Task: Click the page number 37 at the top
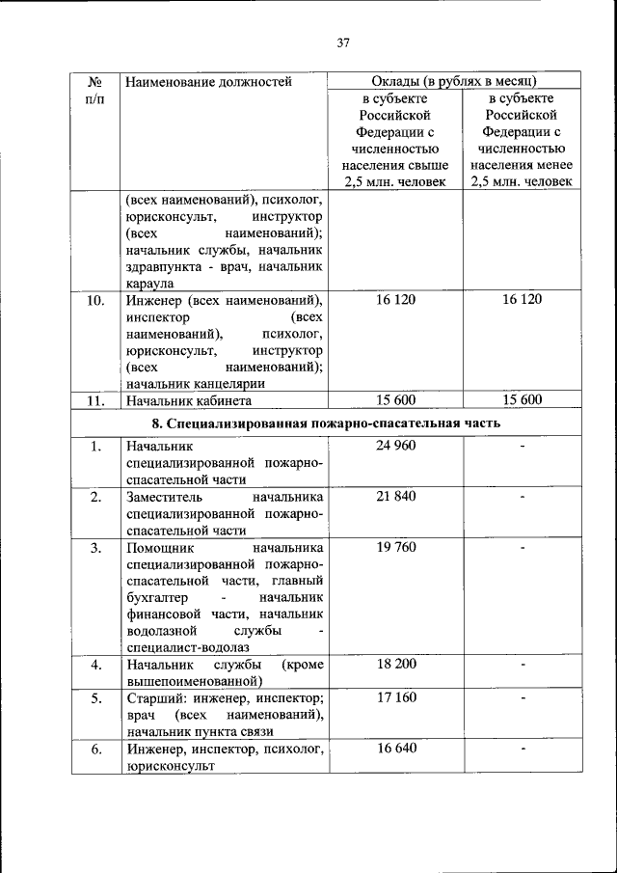pos(342,41)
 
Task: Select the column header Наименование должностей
pos(208,82)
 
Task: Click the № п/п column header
pos(95,91)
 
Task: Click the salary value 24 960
pos(395,446)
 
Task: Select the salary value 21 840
pos(395,496)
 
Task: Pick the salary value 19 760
pos(395,547)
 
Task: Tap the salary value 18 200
pos(395,665)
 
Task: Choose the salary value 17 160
pos(395,697)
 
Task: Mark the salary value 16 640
pos(395,748)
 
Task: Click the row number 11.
pos(95,400)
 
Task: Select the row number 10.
pos(95,300)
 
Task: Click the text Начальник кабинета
pos(189,400)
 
